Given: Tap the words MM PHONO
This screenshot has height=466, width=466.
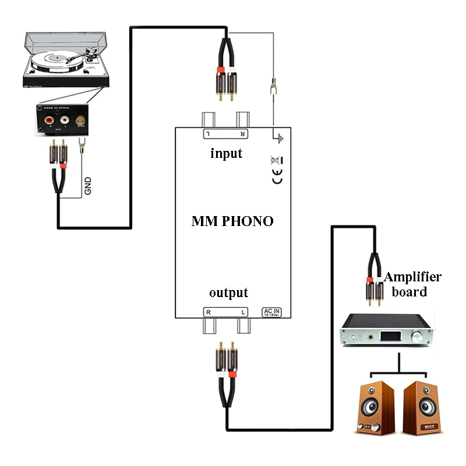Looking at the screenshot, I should (x=232, y=221).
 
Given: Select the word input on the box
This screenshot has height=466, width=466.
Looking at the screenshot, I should (x=226, y=154).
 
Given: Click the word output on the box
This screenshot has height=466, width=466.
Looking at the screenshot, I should (x=229, y=292).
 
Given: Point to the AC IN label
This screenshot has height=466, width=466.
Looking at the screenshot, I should (x=273, y=312).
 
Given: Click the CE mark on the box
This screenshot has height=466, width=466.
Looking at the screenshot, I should (x=278, y=178).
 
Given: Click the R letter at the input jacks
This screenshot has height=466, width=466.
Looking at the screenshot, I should (x=242, y=134).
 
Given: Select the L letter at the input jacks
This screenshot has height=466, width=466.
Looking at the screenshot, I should (x=208, y=134).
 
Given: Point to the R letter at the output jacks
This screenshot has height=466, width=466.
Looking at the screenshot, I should (x=208, y=312).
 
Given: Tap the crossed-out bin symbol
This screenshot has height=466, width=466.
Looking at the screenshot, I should (x=277, y=160).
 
